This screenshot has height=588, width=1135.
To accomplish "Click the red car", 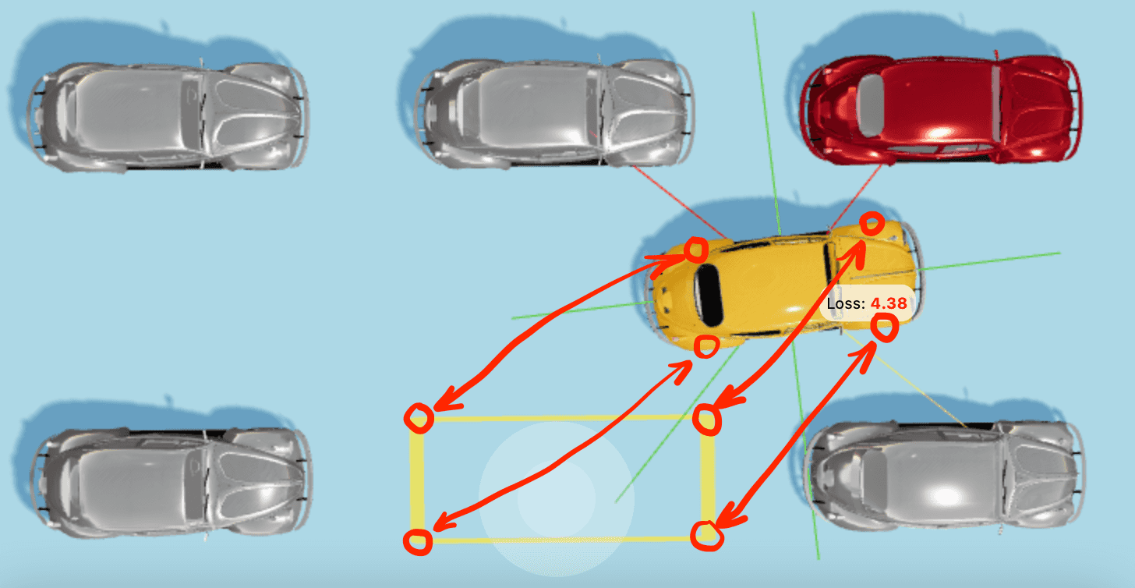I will pos(939,109).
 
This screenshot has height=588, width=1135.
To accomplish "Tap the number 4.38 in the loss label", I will pos(889,303).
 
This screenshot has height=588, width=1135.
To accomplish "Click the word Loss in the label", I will pos(845,303).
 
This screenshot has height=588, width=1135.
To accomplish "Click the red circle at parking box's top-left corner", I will pos(419,417).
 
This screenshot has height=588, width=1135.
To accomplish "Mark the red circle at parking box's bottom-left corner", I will pos(419,541).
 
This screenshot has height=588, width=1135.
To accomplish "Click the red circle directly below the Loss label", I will pos(885,328).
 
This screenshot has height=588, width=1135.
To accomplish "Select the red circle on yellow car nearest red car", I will pos(872,225).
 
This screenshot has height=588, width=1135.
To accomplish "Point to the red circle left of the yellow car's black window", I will pos(695,250).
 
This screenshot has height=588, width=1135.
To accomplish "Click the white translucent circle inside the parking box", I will pos(556,498).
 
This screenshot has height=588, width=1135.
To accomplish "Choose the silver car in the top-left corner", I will pos(168,117).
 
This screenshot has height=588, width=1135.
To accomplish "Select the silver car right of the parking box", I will pos(943,476).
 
